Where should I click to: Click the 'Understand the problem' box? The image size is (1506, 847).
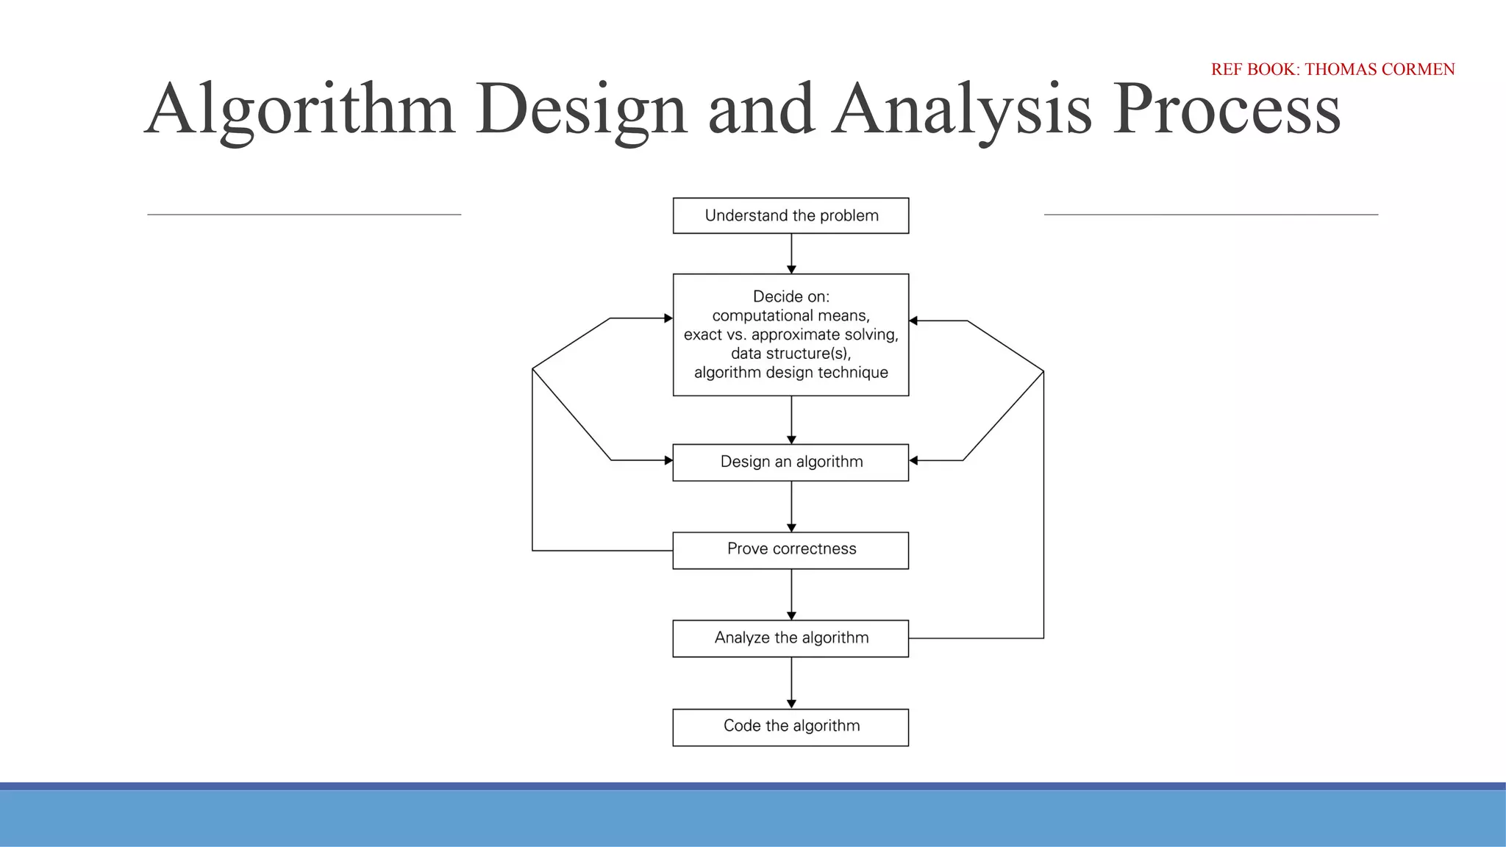(791, 215)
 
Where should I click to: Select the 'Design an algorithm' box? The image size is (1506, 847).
(791, 462)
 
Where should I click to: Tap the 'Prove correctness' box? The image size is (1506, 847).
(791, 549)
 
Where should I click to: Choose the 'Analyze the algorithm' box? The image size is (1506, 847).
(791, 637)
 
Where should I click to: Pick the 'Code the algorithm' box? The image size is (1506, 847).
(791, 726)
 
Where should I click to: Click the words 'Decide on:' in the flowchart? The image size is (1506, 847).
(791, 296)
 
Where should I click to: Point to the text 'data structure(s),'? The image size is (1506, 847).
(791, 354)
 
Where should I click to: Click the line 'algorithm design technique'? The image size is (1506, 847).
(791, 373)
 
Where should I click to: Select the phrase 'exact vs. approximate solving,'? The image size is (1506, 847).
(791, 335)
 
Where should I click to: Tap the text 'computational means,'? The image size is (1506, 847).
(791, 315)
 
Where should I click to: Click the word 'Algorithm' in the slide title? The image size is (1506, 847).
(300, 110)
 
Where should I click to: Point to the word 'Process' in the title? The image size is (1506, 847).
(1226, 110)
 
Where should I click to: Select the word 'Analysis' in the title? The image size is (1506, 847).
(962, 110)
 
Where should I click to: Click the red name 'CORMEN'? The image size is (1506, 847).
(1418, 69)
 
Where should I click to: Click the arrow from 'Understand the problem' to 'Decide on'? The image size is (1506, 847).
(791, 254)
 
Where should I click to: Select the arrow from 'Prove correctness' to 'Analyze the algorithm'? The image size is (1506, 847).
(791, 594)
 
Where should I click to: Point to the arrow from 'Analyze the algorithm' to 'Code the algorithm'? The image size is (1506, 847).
(791, 682)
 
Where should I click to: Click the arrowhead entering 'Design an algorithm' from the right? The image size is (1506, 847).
(914, 460)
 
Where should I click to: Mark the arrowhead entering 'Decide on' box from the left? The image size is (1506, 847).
(668, 318)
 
